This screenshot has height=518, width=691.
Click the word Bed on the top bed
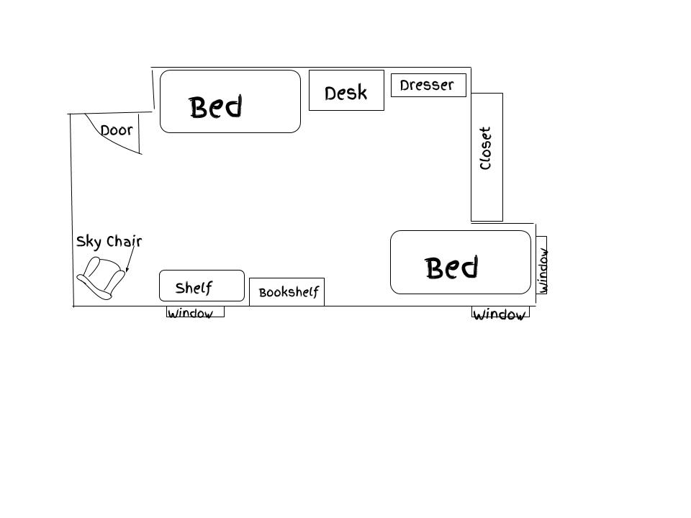tap(216, 106)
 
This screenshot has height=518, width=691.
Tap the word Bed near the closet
tap(452, 268)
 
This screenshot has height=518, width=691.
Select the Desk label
tap(346, 93)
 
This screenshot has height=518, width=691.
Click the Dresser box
tap(428, 85)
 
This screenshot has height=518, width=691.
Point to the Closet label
tap(485, 148)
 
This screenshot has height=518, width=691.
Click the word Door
tap(117, 130)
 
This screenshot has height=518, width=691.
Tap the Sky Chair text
tap(109, 242)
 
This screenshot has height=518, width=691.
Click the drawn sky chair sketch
tap(101, 278)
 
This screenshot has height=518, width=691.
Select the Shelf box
tap(202, 286)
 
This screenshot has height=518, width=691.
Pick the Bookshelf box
tap(287, 291)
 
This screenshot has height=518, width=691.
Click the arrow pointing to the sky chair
tap(130, 258)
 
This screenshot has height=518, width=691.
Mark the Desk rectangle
tap(346, 91)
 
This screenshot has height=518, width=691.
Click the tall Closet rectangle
tap(487, 157)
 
